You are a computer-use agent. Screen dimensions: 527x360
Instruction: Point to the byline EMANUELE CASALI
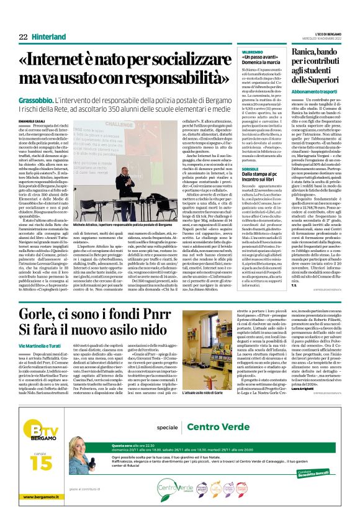32,120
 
